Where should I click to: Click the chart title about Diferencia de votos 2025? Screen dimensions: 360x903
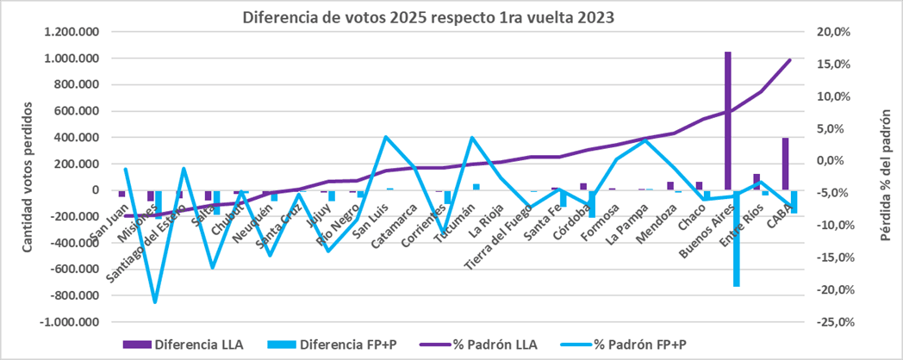click(428, 17)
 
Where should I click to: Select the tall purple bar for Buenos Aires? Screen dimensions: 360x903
click(728, 121)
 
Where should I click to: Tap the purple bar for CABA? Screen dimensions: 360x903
click(786, 164)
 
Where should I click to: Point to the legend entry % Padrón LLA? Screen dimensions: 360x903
click(495, 344)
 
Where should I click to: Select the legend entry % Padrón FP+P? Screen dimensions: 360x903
click(643, 344)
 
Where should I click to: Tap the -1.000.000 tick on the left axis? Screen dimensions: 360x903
click(70, 322)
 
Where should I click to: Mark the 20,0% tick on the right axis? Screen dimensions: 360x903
click(833, 33)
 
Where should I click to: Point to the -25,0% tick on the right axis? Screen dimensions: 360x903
click(831, 322)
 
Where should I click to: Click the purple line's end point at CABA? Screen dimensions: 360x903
click(790, 59)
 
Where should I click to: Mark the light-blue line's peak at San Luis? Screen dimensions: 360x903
click(386, 137)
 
